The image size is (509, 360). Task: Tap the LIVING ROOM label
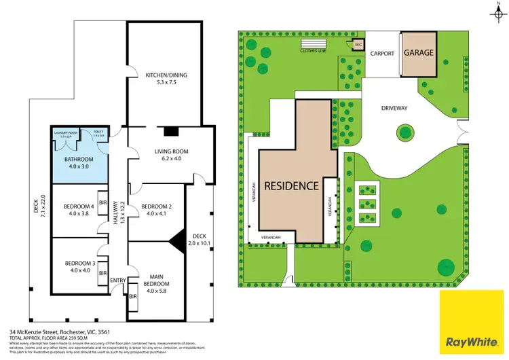pyautogui.click(x=170, y=151)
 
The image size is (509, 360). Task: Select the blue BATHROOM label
pyautogui.click(x=79, y=160)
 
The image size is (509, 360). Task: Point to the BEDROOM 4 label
pyautogui.click(x=79, y=206)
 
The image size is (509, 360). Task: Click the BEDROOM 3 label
pyautogui.click(x=79, y=263)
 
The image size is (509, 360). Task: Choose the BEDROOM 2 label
pyautogui.click(x=156, y=206)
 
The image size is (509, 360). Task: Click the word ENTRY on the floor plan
pyautogui.click(x=117, y=281)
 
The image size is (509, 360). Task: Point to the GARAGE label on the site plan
pyautogui.click(x=419, y=52)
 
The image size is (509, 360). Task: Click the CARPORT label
pyautogui.click(x=381, y=53)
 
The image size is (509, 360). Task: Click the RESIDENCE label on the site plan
pyautogui.click(x=291, y=185)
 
